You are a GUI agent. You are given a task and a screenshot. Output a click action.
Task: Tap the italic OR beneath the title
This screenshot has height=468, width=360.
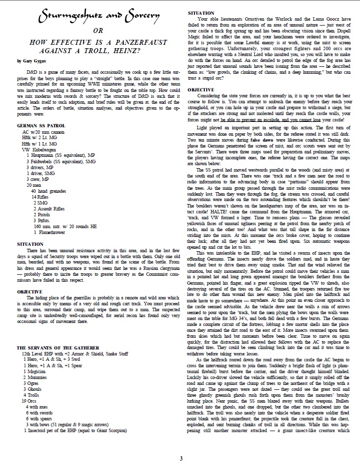pyautogui.click(x=99, y=31)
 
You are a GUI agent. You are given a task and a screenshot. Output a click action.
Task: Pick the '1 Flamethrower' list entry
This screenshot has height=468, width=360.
pyautogui.click(x=52, y=232)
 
